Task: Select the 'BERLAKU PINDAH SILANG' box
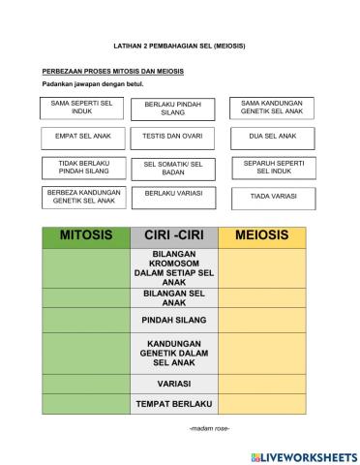[x=172, y=108]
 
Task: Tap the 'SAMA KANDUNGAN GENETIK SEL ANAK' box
[x=272, y=107]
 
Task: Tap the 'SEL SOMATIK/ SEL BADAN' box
[x=172, y=169]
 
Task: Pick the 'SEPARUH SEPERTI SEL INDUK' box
[x=272, y=167]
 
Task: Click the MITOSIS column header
[x=85, y=235]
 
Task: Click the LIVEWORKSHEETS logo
[x=303, y=455]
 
